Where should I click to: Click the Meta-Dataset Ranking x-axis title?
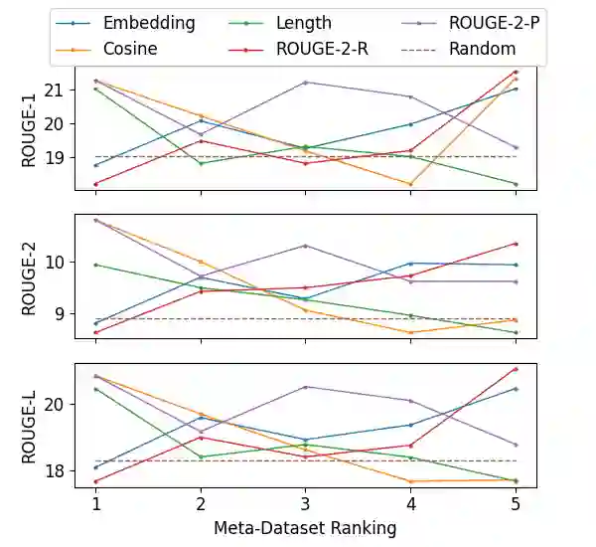click(305, 527)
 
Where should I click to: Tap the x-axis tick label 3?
click(306, 505)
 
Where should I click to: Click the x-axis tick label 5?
click(516, 505)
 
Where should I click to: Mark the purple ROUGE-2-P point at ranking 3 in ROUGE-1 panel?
click(306, 83)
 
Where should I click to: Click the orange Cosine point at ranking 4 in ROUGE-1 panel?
click(411, 184)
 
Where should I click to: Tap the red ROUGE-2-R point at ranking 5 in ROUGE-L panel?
click(516, 369)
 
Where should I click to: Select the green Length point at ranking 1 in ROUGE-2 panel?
click(96, 265)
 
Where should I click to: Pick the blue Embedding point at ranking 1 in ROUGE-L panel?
click(96, 467)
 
